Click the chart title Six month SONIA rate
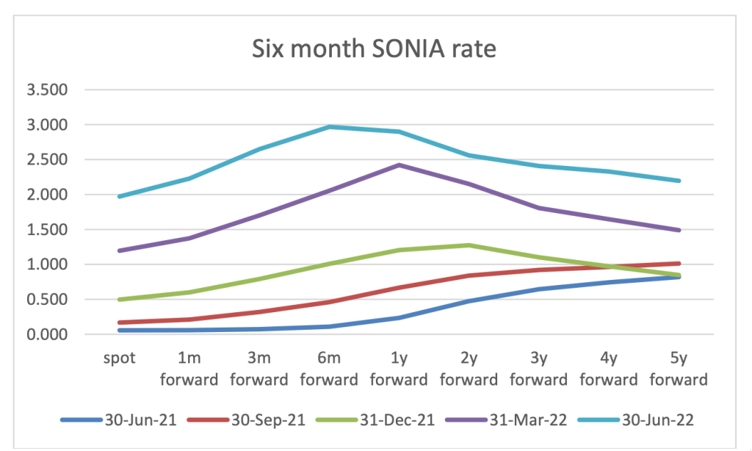click(x=374, y=50)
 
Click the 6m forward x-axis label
click(x=329, y=368)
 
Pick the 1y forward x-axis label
click(x=399, y=368)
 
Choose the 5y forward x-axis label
click(x=679, y=368)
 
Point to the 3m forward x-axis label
click(x=258, y=368)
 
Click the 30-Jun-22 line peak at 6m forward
click(x=329, y=127)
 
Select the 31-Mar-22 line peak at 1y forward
click(x=399, y=165)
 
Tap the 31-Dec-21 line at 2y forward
click(x=469, y=245)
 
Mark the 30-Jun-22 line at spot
click(x=119, y=197)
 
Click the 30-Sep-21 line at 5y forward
click(x=679, y=263)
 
